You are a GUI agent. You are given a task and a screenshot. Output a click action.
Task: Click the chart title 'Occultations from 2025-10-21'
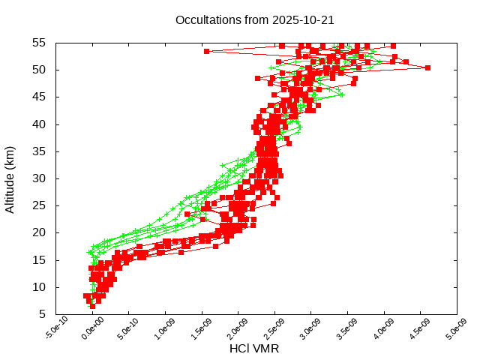tap(254, 20)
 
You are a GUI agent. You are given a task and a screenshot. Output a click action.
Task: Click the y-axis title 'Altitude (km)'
tap(10, 178)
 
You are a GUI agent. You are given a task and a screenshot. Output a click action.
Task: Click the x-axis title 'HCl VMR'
tap(254, 349)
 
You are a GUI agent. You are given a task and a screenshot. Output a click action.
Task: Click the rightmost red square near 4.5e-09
tap(427, 67)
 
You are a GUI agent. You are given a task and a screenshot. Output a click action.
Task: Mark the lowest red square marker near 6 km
tap(92, 306)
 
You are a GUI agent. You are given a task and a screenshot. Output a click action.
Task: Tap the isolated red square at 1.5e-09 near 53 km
tap(206, 51)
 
